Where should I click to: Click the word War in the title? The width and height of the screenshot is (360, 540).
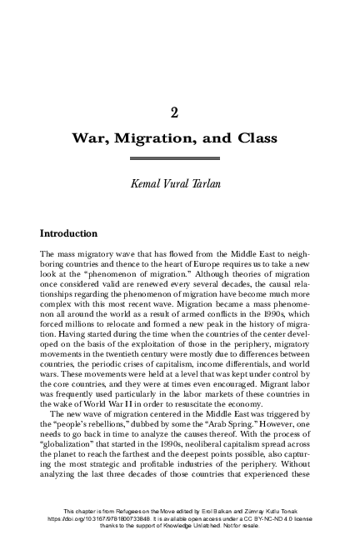click(x=97, y=137)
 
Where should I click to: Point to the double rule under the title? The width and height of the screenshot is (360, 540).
click(x=181, y=157)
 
